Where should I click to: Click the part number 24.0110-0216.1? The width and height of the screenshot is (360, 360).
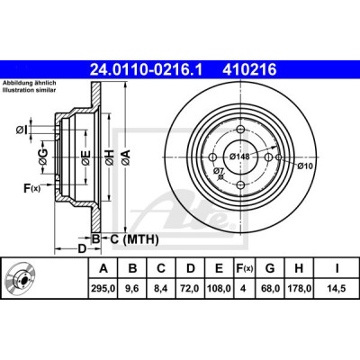pyautogui.click(x=147, y=70)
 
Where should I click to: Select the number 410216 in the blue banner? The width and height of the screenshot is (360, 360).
pyautogui.click(x=249, y=70)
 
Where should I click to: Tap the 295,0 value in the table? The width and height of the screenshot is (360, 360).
pyautogui.click(x=103, y=289)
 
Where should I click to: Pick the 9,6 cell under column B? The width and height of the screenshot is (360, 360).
pyautogui.click(x=132, y=289)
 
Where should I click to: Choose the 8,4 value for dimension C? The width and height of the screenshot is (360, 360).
pyautogui.click(x=161, y=289)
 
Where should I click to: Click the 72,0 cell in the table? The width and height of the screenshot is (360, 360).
pyautogui.click(x=191, y=289)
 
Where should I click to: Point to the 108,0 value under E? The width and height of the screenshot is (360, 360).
pyautogui.click(x=219, y=289)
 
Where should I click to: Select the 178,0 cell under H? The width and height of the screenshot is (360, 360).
pyautogui.click(x=299, y=289)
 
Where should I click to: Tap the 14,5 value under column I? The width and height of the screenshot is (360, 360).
pyautogui.click(x=337, y=289)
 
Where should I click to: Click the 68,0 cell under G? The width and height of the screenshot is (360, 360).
pyautogui.click(x=270, y=289)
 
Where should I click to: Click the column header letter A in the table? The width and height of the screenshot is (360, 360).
pyautogui.click(x=103, y=268)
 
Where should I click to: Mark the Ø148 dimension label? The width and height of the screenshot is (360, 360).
pyautogui.click(x=239, y=157)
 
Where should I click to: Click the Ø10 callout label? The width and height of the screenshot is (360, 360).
pyautogui.click(x=305, y=166)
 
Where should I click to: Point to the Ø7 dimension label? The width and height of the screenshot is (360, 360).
pyautogui.click(x=219, y=171)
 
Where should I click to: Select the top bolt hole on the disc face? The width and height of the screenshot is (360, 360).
pyautogui.click(x=241, y=130)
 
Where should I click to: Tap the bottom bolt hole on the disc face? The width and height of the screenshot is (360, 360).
pyautogui.click(x=241, y=185)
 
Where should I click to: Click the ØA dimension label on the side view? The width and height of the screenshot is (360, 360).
pyautogui.click(x=126, y=157)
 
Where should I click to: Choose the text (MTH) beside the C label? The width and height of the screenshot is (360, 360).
pyautogui.click(x=140, y=239)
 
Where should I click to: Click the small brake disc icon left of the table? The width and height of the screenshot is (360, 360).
pyautogui.click(x=21, y=278)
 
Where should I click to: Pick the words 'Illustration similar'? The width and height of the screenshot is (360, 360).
pyautogui.click(x=29, y=90)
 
